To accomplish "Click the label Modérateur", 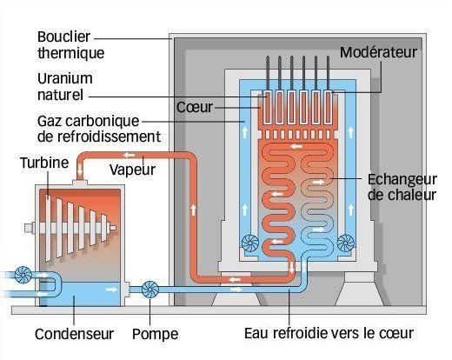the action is [x=378, y=52].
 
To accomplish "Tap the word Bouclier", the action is [x=63, y=37].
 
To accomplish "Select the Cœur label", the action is [x=195, y=107].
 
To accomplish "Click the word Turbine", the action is [x=44, y=163].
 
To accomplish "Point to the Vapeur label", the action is [x=132, y=170].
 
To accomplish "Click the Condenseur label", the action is [x=74, y=334].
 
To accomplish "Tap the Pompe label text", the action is [x=155, y=334].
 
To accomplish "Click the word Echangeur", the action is [x=402, y=180].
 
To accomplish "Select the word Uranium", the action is [x=65, y=78].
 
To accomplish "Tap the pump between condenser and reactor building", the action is [x=150, y=290].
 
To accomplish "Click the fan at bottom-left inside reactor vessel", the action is [x=250, y=243].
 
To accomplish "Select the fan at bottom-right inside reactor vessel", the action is [x=346, y=243].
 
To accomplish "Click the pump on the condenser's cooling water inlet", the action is [x=23, y=275].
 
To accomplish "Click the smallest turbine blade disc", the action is [x=104, y=228].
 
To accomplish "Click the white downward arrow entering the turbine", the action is [x=80, y=170].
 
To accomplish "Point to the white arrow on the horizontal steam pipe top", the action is [x=129, y=156].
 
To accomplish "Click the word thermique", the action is [x=70, y=53].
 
